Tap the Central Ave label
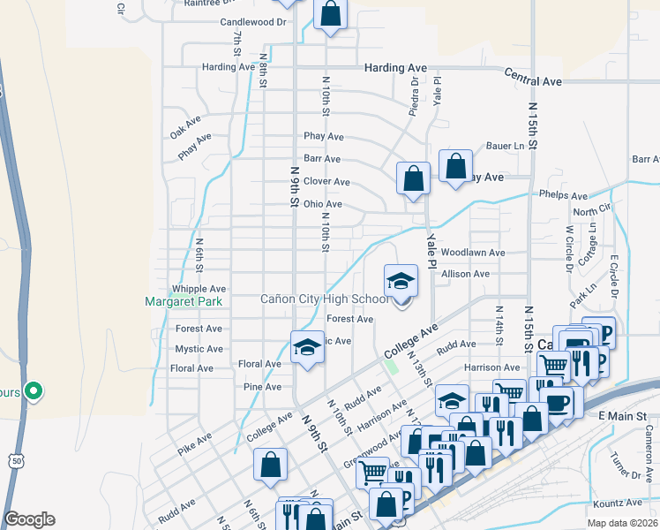(x=533, y=81)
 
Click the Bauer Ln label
(x=506, y=146)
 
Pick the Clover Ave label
(x=326, y=182)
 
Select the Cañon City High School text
(x=324, y=299)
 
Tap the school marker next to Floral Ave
(x=307, y=347)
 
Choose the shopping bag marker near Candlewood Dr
(x=330, y=15)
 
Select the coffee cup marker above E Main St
(x=558, y=402)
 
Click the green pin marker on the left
(x=34, y=390)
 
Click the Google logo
(x=29, y=519)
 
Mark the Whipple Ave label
(x=199, y=289)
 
